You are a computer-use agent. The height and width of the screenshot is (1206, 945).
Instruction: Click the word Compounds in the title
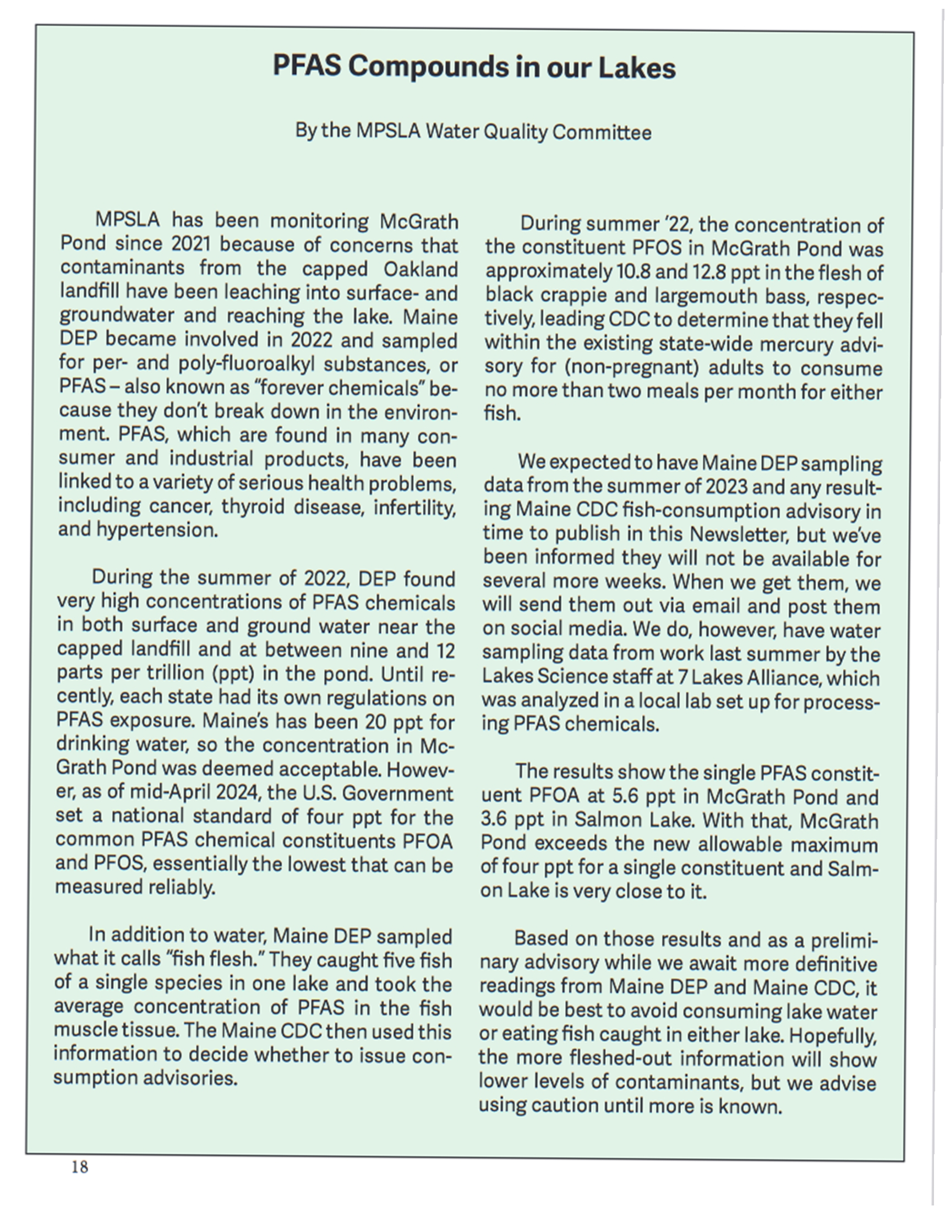click(x=428, y=68)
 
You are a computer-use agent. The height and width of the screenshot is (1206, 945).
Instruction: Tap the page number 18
click(x=80, y=1167)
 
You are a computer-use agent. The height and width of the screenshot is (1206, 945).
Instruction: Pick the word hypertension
click(x=157, y=530)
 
